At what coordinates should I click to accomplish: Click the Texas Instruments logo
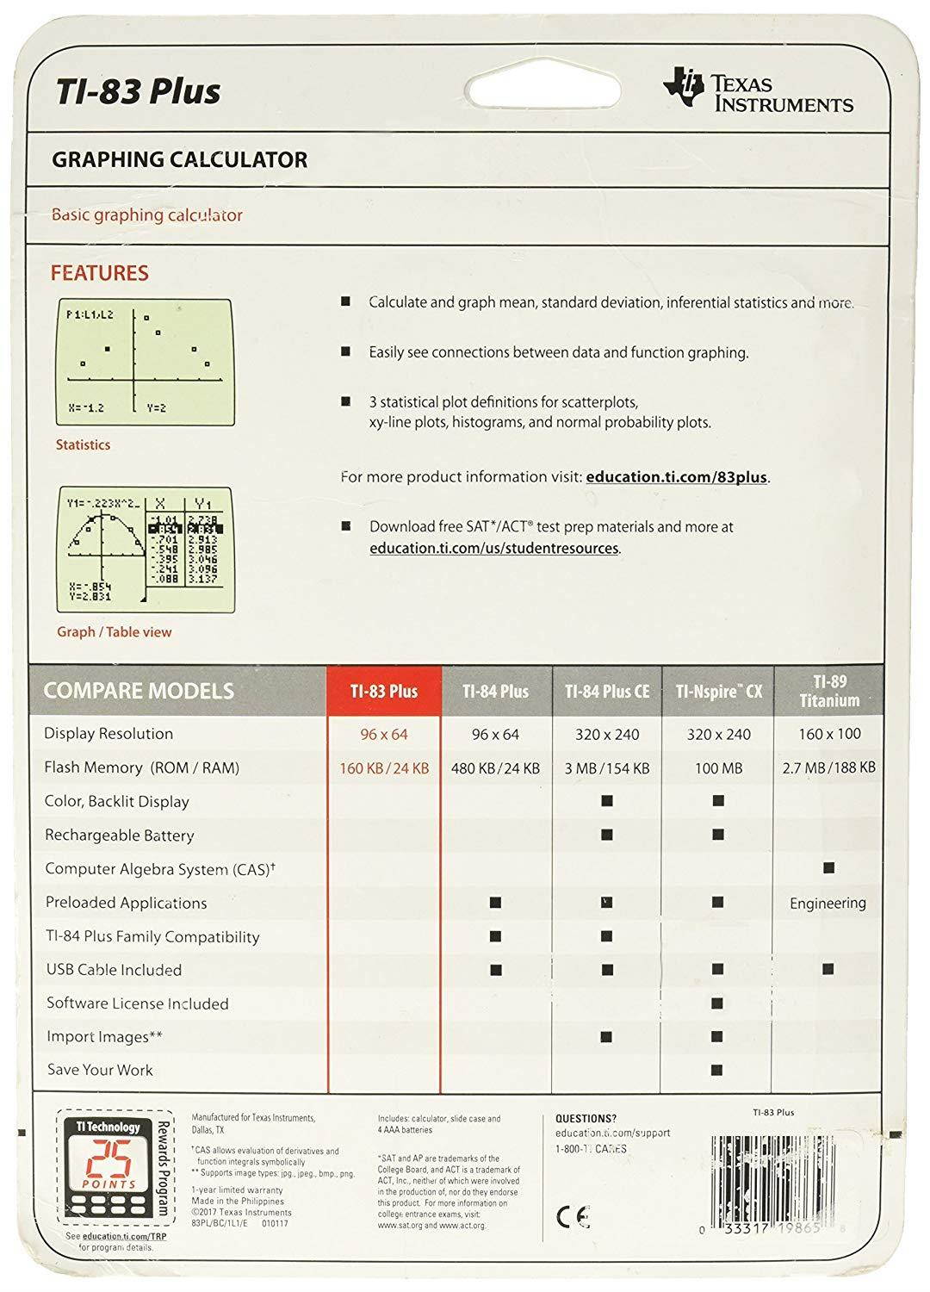click(757, 92)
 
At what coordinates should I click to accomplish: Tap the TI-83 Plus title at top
click(138, 90)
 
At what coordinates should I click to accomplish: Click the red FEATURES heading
click(99, 273)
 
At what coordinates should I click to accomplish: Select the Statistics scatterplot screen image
click(144, 362)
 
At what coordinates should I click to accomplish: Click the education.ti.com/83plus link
click(676, 476)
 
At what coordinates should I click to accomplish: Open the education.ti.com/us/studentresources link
click(494, 548)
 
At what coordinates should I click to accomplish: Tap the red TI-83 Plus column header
click(384, 691)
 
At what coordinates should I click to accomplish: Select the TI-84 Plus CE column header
click(607, 691)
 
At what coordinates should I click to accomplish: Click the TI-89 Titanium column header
click(828, 691)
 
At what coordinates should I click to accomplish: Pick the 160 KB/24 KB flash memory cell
click(384, 767)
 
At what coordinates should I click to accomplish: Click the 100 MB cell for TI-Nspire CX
click(718, 767)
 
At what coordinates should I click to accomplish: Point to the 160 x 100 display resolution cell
click(828, 734)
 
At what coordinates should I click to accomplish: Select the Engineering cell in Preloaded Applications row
click(828, 903)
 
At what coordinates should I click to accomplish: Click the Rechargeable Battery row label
click(120, 835)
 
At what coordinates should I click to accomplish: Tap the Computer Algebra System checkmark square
click(828, 868)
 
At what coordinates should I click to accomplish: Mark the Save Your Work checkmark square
click(718, 1070)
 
